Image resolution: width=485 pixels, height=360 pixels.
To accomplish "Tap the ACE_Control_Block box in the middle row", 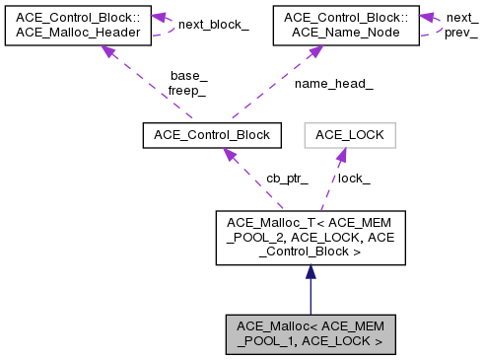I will (x=212, y=133).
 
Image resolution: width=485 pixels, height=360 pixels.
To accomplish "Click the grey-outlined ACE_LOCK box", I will (x=349, y=133).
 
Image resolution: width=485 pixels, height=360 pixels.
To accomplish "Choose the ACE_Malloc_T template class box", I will (x=310, y=238).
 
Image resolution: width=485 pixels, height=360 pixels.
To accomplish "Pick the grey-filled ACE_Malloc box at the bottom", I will (x=310, y=334).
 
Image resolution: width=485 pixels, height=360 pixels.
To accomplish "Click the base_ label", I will (x=188, y=76).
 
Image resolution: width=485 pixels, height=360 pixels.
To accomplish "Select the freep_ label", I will (x=186, y=90).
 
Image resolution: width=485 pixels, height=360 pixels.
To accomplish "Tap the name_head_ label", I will (x=333, y=84).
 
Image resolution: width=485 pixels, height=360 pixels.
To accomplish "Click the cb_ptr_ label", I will (x=287, y=179).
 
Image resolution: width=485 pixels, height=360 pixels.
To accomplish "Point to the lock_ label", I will (x=354, y=179).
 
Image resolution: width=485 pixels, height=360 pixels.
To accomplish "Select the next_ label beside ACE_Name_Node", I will (x=461, y=19).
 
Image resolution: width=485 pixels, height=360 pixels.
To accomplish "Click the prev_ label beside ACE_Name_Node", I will (x=461, y=33).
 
